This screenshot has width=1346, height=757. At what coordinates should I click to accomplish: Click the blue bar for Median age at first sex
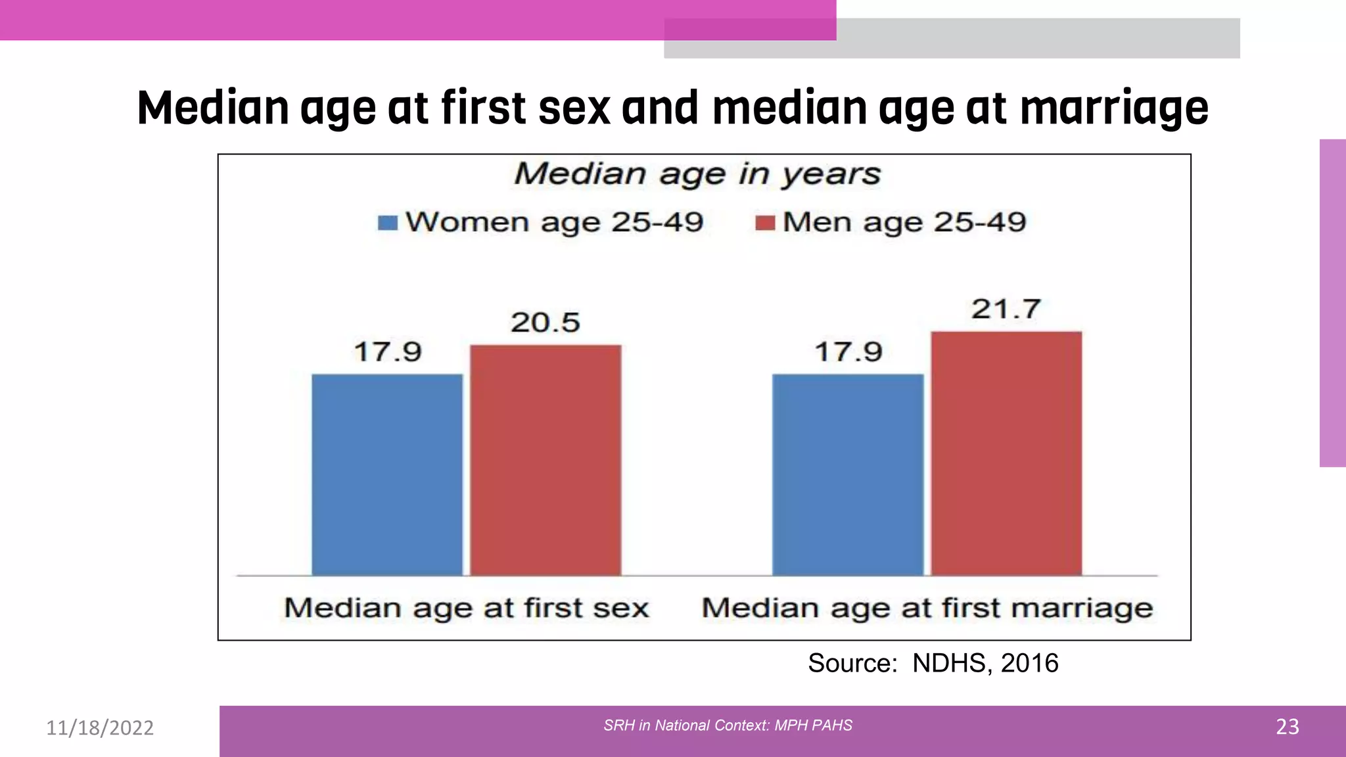(387, 474)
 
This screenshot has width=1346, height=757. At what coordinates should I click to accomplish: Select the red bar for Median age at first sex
(545, 460)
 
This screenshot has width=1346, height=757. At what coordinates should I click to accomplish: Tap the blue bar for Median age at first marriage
(848, 474)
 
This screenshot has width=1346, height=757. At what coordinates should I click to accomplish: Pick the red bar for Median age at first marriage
(1006, 453)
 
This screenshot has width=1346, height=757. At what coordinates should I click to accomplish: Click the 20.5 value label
(545, 323)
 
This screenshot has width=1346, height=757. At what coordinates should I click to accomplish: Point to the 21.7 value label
(1006, 309)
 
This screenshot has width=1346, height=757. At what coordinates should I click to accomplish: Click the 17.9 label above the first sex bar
(388, 352)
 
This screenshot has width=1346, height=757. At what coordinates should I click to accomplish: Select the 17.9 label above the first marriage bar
(848, 352)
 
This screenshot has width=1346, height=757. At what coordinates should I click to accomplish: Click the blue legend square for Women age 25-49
(388, 223)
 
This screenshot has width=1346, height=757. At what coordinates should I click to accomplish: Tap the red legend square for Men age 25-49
(765, 223)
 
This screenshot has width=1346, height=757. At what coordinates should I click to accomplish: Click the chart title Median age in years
(697, 174)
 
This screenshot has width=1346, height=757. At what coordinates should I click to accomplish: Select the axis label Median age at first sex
(467, 608)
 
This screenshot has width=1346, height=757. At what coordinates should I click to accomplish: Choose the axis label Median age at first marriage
(927, 608)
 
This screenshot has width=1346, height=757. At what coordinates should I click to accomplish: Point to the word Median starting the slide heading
(213, 108)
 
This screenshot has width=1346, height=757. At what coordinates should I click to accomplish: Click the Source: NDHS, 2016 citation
(933, 663)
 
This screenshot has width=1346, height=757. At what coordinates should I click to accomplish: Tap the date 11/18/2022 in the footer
(100, 727)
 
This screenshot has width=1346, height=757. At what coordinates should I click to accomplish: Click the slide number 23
(1287, 727)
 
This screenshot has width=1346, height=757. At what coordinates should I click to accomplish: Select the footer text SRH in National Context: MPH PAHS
(728, 725)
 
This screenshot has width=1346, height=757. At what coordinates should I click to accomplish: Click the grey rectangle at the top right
(1038, 38)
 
